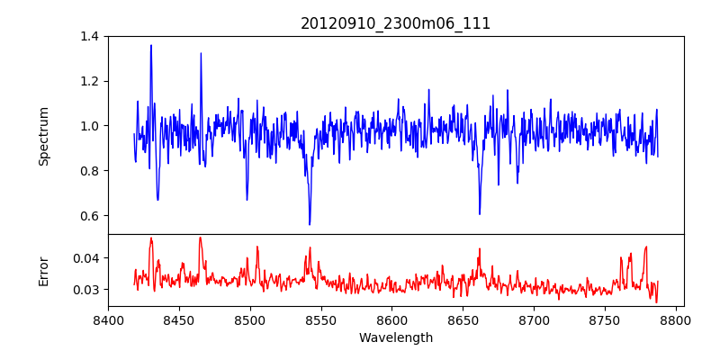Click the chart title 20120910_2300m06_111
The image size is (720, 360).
pyautogui.click(x=395, y=23)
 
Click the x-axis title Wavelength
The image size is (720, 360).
pyautogui.click(x=395, y=337)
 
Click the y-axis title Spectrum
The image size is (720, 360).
pyautogui.click(x=43, y=136)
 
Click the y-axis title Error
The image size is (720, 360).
pyautogui.click(x=43, y=270)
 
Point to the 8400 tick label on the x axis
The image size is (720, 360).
pyautogui.click(x=108, y=319)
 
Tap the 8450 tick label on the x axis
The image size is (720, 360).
pyautogui.click(x=179, y=319)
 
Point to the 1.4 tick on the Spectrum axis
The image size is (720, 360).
pyautogui.click(x=90, y=36)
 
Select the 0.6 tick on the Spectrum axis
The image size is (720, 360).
pyautogui.click(x=90, y=216)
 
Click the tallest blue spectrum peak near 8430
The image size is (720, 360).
pyautogui.click(x=151, y=45)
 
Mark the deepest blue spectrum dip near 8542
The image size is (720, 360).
pyautogui.click(x=310, y=224)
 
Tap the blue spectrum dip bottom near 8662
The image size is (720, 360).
pyautogui.click(x=480, y=213)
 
